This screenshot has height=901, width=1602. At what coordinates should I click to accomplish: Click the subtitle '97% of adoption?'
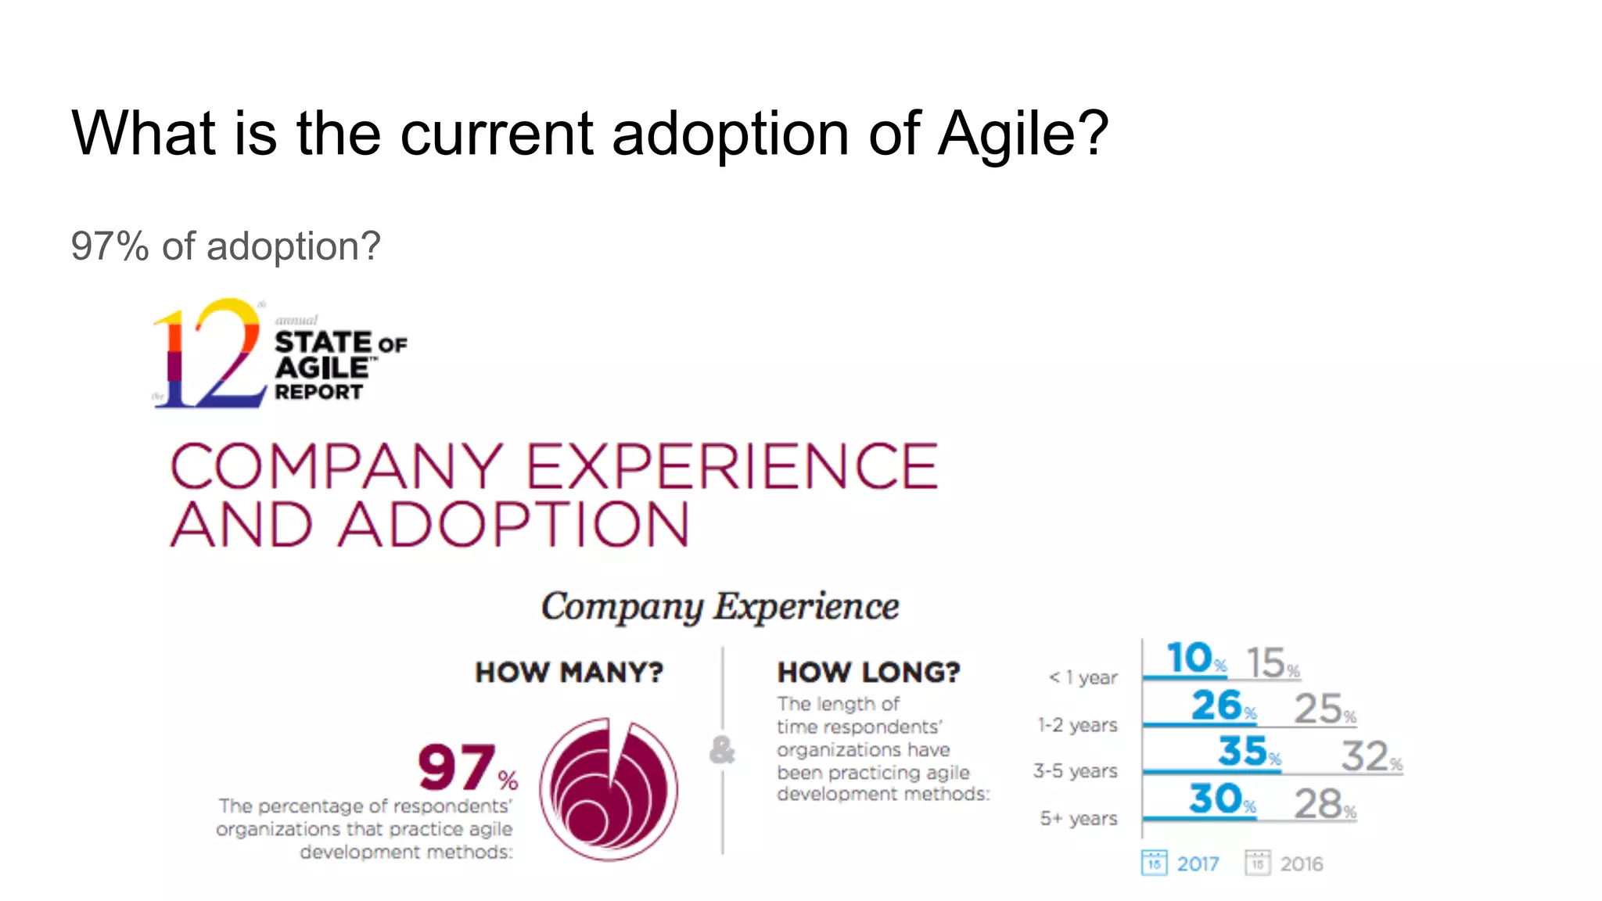[x=225, y=246]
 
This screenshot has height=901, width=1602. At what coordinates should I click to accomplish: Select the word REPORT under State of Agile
[x=318, y=392]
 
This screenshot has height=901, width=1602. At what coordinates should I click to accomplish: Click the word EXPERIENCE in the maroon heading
[x=731, y=467]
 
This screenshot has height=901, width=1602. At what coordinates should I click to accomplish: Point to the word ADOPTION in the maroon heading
[x=514, y=525]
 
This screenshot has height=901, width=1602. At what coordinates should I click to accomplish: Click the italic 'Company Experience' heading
[x=720, y=607]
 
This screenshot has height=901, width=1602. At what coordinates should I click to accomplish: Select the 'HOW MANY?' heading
[x=569, y=673]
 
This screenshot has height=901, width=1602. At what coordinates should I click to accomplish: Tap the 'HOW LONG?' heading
[x=868, y=673]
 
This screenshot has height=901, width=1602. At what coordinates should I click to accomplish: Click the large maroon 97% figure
[x=466, y=768]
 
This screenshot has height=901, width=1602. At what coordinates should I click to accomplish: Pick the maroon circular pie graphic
[x=609, y=790]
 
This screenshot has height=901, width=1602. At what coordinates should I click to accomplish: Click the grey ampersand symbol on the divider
[x=722, y=750]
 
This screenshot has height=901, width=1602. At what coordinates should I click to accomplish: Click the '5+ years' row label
[x=1078, y=819]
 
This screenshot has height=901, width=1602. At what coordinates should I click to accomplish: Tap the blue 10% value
[x=1195, y=659]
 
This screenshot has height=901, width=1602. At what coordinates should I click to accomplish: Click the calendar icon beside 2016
[x=1257, y=863]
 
